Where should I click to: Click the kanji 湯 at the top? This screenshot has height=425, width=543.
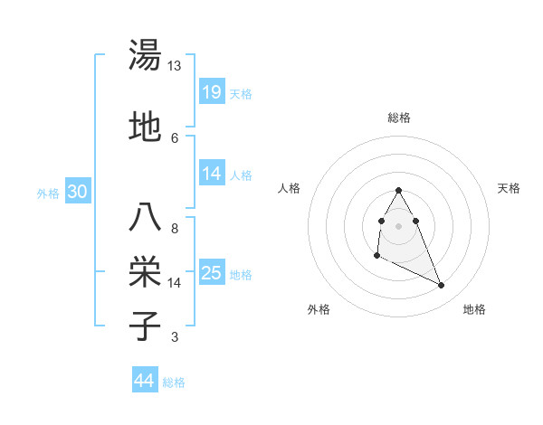146,55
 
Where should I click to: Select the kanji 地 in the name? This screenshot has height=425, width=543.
146,127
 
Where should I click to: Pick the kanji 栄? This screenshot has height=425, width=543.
146,270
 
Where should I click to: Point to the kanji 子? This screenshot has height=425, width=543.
146,326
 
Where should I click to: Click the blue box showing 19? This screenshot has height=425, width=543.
212,92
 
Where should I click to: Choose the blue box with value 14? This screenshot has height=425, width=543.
212,174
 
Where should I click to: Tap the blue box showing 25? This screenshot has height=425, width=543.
212,273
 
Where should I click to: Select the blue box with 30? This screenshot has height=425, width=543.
77,192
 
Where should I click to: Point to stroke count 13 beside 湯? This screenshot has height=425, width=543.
175,66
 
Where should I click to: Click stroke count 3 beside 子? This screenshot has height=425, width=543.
175,338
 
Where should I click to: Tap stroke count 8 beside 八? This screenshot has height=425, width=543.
175,229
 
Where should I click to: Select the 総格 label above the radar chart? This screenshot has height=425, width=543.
398,118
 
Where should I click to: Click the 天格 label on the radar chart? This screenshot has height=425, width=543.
509,188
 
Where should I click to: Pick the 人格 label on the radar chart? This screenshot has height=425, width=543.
289,188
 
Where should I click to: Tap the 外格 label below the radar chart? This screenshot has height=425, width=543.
318,309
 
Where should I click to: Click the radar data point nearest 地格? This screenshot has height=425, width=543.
442,286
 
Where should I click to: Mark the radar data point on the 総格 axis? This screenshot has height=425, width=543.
398,190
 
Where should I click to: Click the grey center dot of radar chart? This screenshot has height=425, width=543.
398,225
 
